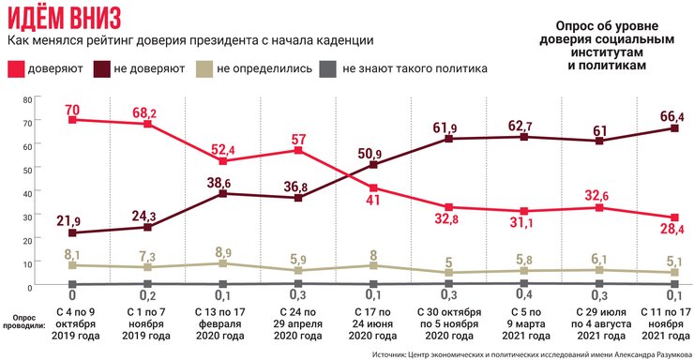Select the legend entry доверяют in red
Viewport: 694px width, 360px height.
55,68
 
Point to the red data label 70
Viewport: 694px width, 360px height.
71,109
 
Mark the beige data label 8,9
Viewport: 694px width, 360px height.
222,253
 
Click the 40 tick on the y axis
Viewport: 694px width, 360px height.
27,191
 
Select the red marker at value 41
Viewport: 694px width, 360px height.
373,187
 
